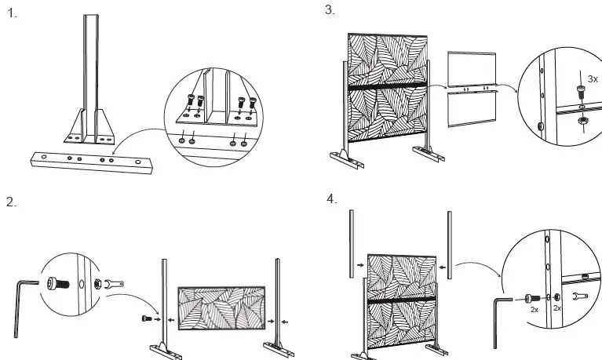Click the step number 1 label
pos(12,13)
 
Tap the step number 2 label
pos(11,202)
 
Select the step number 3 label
pos(330,9)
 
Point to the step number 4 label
pos(332,198)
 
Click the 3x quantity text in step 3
pos(593,79)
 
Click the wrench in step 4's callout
pos(580,297)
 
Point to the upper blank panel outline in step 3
pos(471,69)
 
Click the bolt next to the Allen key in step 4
pos(531,297)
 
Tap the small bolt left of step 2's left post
pos(148,318)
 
